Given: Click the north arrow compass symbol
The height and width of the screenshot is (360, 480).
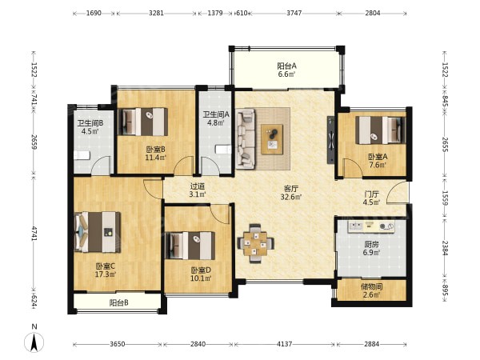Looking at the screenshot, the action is (34, 342).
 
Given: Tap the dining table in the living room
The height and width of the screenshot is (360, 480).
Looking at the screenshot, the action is (255, 244).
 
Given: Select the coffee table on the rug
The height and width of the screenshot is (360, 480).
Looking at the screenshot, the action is (272, 139).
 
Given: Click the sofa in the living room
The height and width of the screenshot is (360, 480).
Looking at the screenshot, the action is (246, 138).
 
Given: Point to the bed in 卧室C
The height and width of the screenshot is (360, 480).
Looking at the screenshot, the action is (98, 232).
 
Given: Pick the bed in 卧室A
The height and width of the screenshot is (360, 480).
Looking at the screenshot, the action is (380, 130).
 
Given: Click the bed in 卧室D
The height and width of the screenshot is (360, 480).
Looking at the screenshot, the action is (190, 246).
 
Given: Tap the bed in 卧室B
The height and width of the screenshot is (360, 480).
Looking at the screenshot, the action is (143, 122).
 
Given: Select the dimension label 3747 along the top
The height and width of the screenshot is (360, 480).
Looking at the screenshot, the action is (294, 13).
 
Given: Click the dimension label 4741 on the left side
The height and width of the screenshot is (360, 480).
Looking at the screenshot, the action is (34, 234).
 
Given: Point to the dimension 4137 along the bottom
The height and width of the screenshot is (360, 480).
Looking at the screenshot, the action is (284, 344).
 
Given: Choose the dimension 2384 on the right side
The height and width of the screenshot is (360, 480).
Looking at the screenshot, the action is (446, 248).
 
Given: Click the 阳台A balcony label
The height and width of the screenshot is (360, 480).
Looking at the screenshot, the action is (287, 66).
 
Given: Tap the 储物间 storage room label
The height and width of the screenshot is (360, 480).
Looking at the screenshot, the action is (372, 287).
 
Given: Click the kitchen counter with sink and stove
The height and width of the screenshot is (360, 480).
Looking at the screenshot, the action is (371, 226).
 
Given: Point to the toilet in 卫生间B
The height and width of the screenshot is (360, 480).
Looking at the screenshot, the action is (82, 155).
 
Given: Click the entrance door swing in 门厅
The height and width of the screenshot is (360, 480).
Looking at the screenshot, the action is (397, 192).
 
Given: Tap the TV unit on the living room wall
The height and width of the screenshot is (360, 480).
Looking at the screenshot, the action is (330, 139).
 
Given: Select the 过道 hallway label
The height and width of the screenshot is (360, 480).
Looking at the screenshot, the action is (198, 186).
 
